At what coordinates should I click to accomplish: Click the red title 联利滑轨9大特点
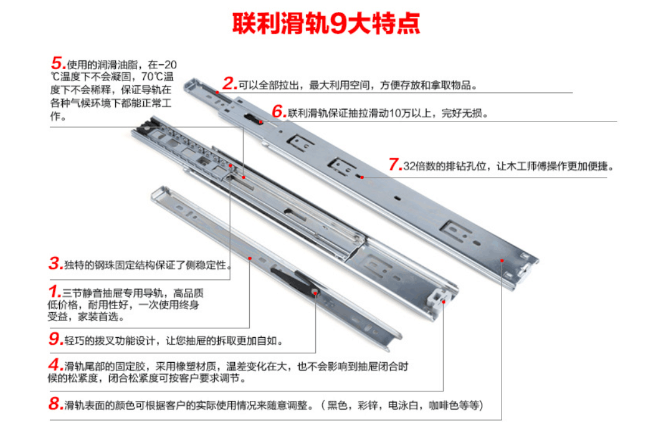click(x=326, y=23)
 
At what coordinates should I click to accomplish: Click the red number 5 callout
click(x=58, y=64)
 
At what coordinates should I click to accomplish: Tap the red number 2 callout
click(x=229, y=84)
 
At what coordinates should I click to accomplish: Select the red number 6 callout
click(x=278, y=112)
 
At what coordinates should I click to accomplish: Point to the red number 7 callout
click(x=395, y=165)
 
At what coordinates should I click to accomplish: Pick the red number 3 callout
click(x=55, y=264)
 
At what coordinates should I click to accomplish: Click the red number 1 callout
click(x=54, y=292)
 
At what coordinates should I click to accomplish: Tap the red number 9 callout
click(x=56, y=339)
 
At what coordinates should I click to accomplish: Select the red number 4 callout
click(x=55, y=365)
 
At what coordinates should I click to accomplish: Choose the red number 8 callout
click(x=55, y=404)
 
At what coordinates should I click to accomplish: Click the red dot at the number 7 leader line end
click(x=362, y=177)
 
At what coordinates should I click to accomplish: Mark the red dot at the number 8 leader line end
click(x=502, y=261)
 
